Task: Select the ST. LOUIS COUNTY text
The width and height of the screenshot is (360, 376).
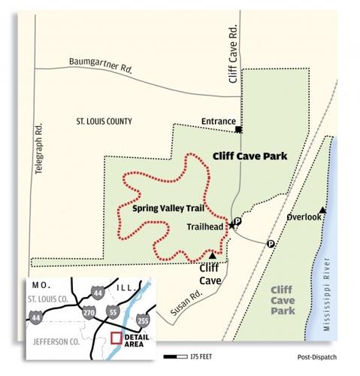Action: pyautogui.click(x=104, y=121)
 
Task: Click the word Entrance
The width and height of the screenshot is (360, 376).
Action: pyautogui.click(x=219, y=121)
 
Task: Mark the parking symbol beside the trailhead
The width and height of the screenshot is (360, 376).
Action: pyautogui.click(x=237, y=221)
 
